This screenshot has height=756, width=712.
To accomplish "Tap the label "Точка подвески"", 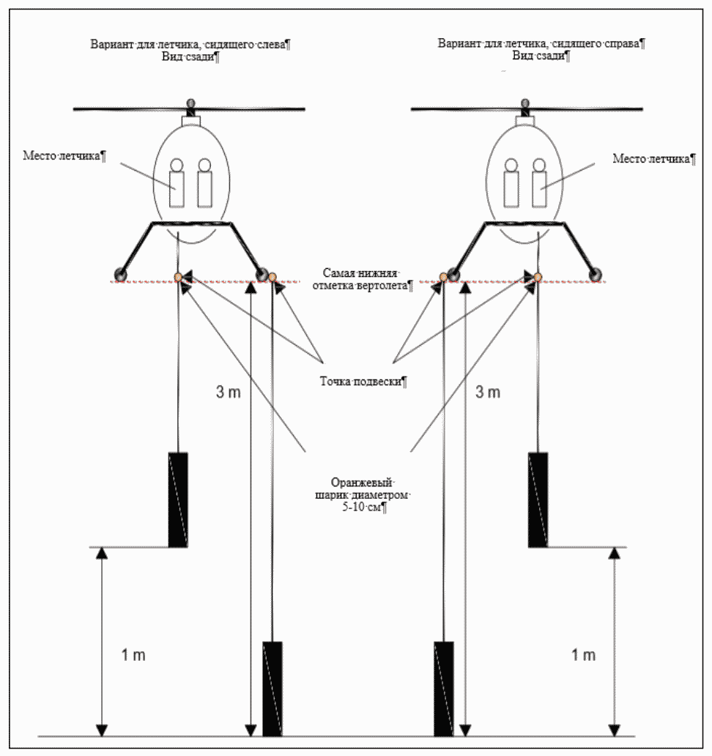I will tap(363, 381).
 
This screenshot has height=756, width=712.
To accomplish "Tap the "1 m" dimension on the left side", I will tap(133, 654).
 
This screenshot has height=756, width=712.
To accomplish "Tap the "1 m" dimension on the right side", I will tap(583, 654).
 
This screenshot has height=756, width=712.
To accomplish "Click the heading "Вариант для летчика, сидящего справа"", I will tap(541, 43).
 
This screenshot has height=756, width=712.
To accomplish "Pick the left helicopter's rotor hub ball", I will tap(191, 103).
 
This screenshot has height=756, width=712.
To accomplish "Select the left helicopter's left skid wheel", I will tap(119, 275).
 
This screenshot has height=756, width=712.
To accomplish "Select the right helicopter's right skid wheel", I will tap(598, 275).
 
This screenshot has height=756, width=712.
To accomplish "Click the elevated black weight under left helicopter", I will tap(178, 499).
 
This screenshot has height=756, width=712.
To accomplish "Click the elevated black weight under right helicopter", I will tap(538, 499).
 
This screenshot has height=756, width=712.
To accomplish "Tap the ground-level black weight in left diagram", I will tap(272, 689).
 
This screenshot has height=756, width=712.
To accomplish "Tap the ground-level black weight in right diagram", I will tap(444, 689).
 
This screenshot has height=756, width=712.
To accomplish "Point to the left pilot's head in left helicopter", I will tap(177, 165).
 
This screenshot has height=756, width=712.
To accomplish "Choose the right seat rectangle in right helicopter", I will tap(540, 189).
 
